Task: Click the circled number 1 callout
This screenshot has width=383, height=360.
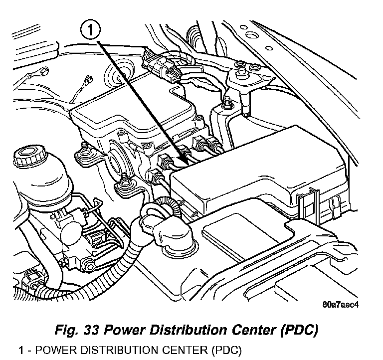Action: click(x=90, y=31)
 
